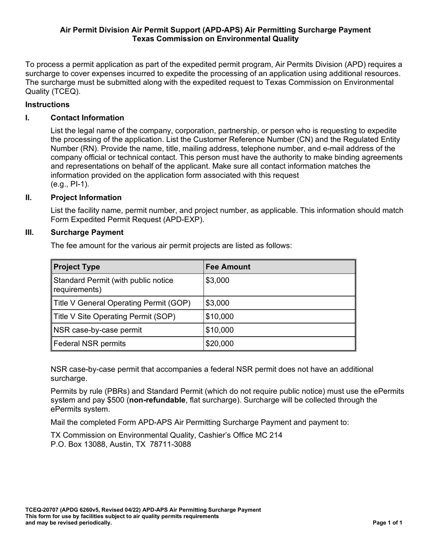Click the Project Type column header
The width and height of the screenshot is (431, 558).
coord(77,267)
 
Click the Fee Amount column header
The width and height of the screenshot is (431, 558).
coord(228,267)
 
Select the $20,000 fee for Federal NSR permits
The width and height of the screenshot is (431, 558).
coord(220,343)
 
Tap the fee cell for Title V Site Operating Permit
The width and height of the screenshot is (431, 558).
coord(220,316)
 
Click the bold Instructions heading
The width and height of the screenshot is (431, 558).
coord(47,105)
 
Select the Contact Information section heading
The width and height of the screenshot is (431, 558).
coord(87,118)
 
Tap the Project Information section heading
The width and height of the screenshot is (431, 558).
coord(86,197)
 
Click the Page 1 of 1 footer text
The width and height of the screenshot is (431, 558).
coord(387,523)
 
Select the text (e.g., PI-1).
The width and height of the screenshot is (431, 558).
coord(70,184)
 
